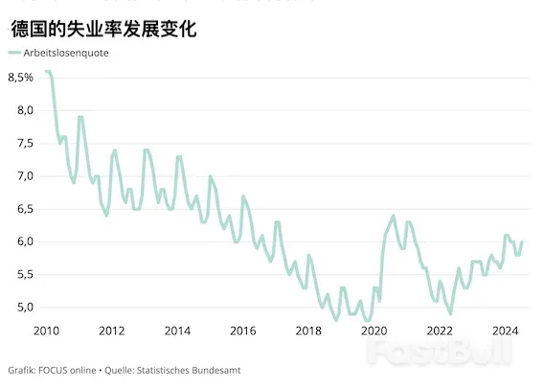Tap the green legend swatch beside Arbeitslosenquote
point(14,54)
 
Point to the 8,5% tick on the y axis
point(22,77)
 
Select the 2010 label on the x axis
point(46,331)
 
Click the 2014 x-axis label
point(177,331)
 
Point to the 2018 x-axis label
point(308,331)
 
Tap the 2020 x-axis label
point(373,331)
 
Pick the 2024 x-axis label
point(505,331)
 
